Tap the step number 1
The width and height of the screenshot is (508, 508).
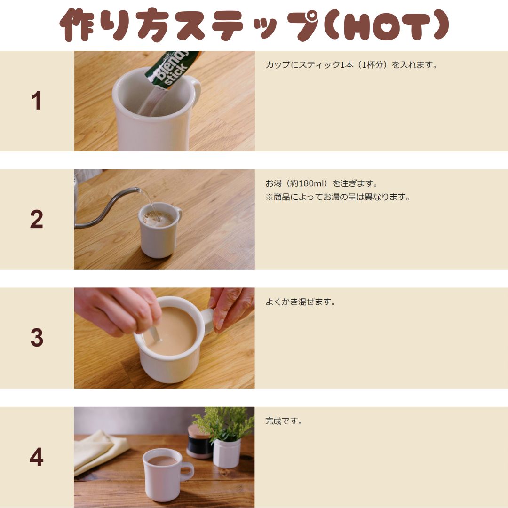(x=36, y=101)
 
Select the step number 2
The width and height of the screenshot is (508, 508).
(x=36, y=219)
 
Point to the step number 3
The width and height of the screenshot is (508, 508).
(x=37, y=338)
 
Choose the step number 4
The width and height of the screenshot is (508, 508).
(x=36, y=457)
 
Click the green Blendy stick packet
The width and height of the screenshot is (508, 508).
(x=170, y=69)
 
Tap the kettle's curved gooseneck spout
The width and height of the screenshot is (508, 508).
(x=107, y=207)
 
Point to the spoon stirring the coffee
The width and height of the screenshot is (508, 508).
(x=155, y=333)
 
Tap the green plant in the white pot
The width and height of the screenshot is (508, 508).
(x=223, y=423)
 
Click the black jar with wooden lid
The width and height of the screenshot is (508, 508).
(x=199, y=442)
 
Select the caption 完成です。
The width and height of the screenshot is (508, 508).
(x=284, y=421)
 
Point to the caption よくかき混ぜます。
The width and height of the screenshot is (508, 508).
(x=300, y=302)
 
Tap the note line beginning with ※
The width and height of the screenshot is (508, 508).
(x=338, y=197)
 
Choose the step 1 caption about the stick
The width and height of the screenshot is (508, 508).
(x=351, y=65)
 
